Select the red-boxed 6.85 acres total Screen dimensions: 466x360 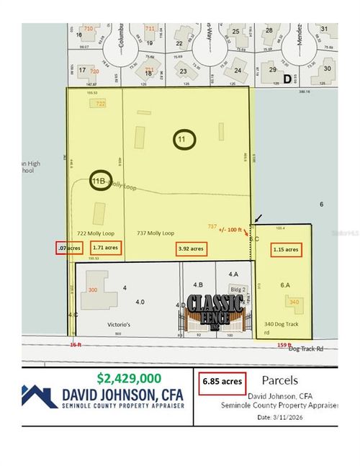221,382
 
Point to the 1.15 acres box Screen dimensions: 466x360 286,249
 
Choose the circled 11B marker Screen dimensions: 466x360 100,180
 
